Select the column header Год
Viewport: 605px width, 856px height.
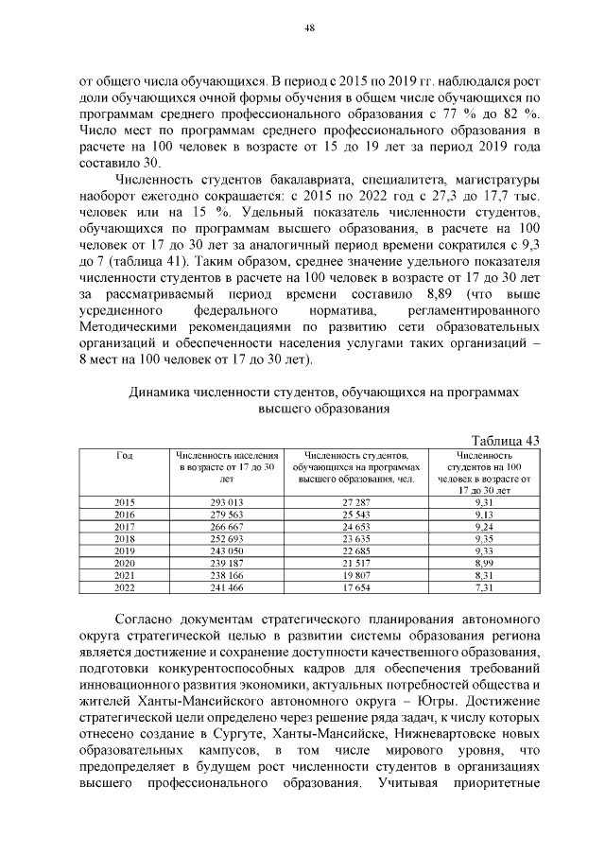[124, 456]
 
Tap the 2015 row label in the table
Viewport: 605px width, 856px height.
[124, 499]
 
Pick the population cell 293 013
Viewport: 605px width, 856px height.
[227, 499]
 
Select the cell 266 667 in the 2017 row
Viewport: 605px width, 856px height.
[227, 524]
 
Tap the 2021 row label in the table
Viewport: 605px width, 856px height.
[124, 573]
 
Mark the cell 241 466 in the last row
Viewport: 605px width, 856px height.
[227, 585]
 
